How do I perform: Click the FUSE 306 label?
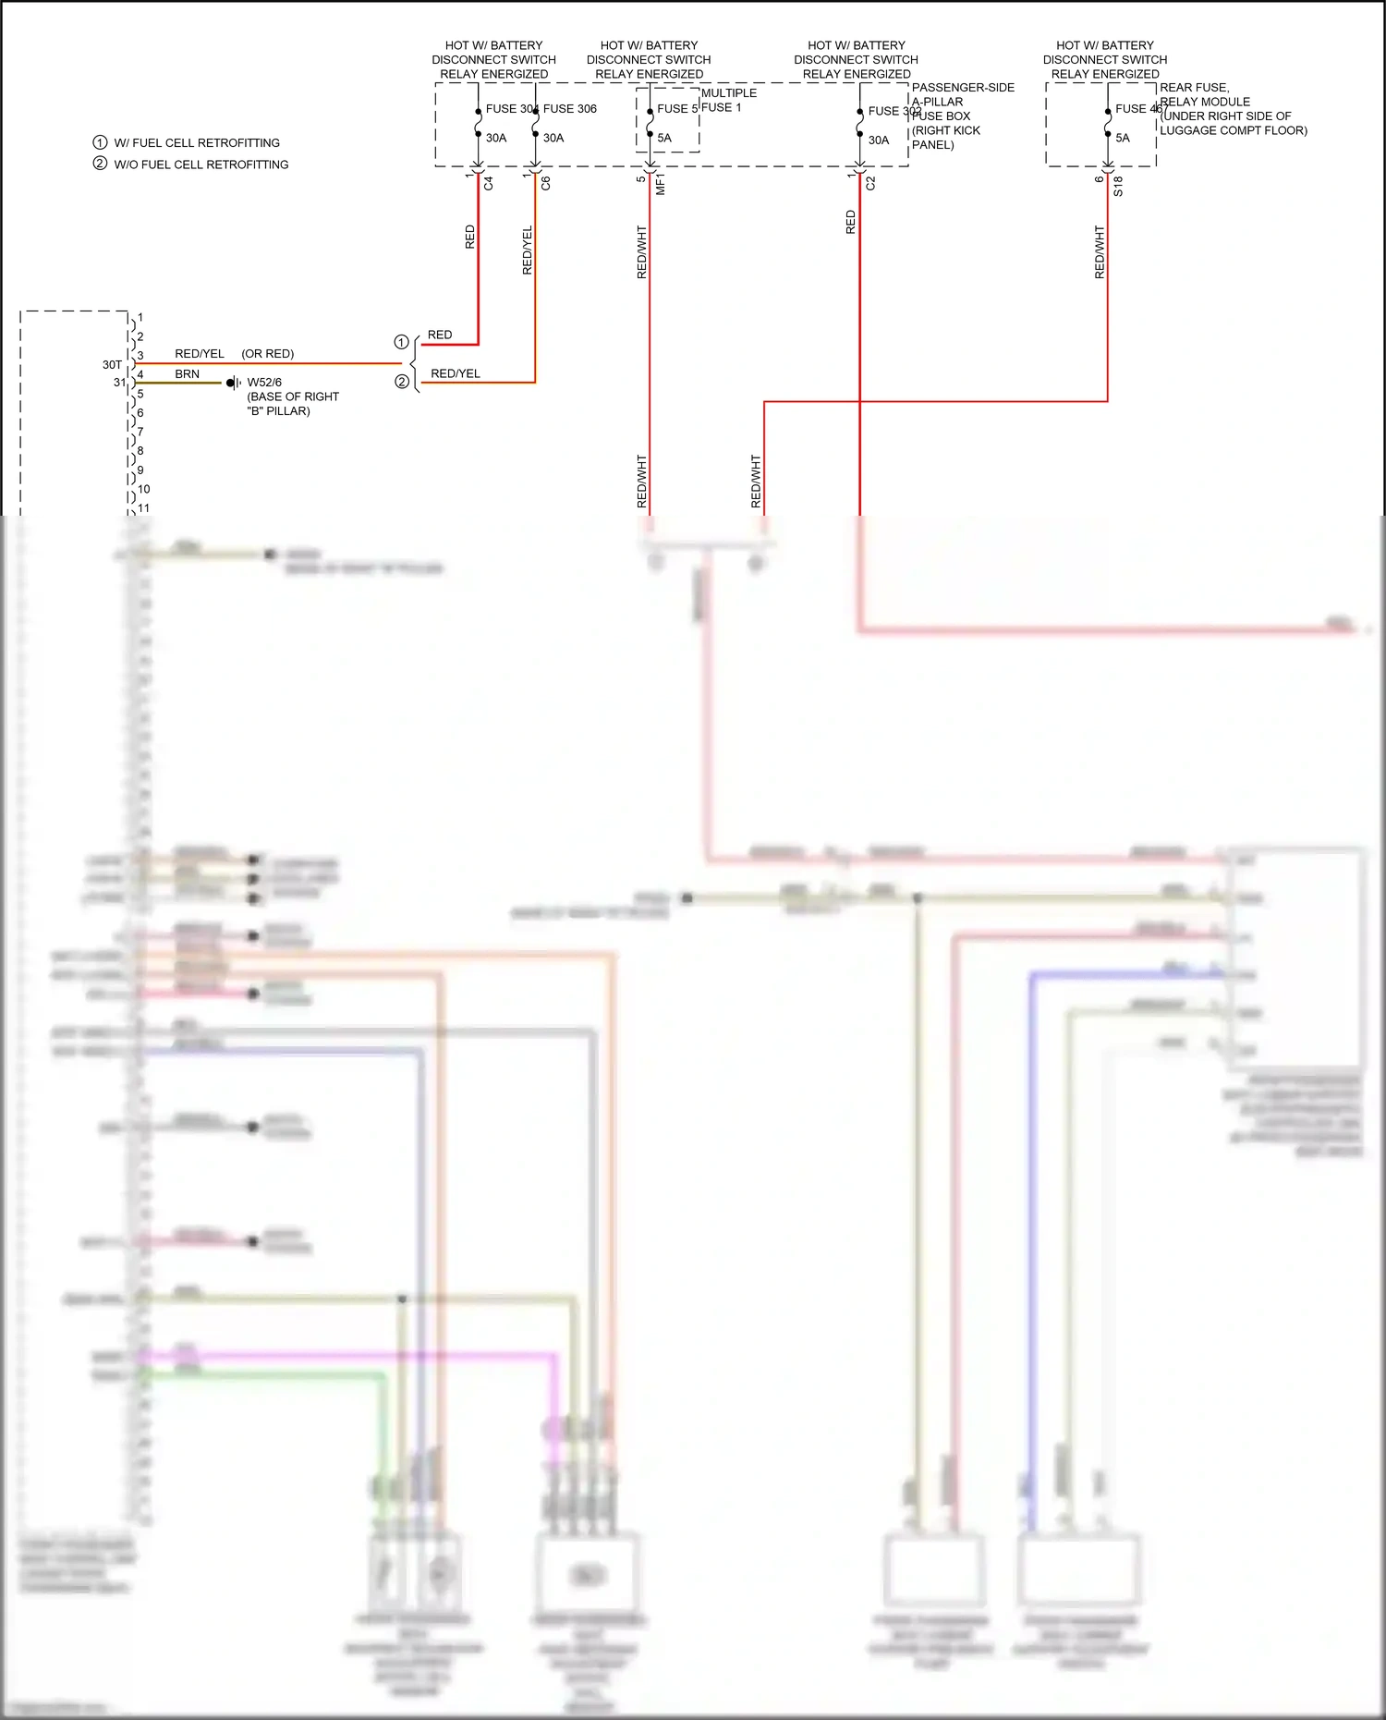point(570,109)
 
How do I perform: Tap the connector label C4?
point(489,184)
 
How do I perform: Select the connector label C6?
point(546,184)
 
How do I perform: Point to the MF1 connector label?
point(661,185)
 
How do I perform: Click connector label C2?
point(870,184)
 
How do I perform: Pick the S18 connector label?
point(1118,186)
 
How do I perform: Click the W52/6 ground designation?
point(264,383)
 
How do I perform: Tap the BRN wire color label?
point(187,374)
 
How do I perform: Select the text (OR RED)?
point(268,354)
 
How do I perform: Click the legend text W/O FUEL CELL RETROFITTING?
point(201,165)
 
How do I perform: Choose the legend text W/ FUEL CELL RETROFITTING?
point(197,143)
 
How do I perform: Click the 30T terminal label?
point(112,365)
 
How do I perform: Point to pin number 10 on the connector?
point(144,489)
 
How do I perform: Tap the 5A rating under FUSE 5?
point(664,139)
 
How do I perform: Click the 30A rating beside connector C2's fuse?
point(879,140)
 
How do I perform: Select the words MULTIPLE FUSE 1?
point(728,100)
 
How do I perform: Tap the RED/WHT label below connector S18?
point(1100,252)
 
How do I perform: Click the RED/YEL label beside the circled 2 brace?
point(456,374)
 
